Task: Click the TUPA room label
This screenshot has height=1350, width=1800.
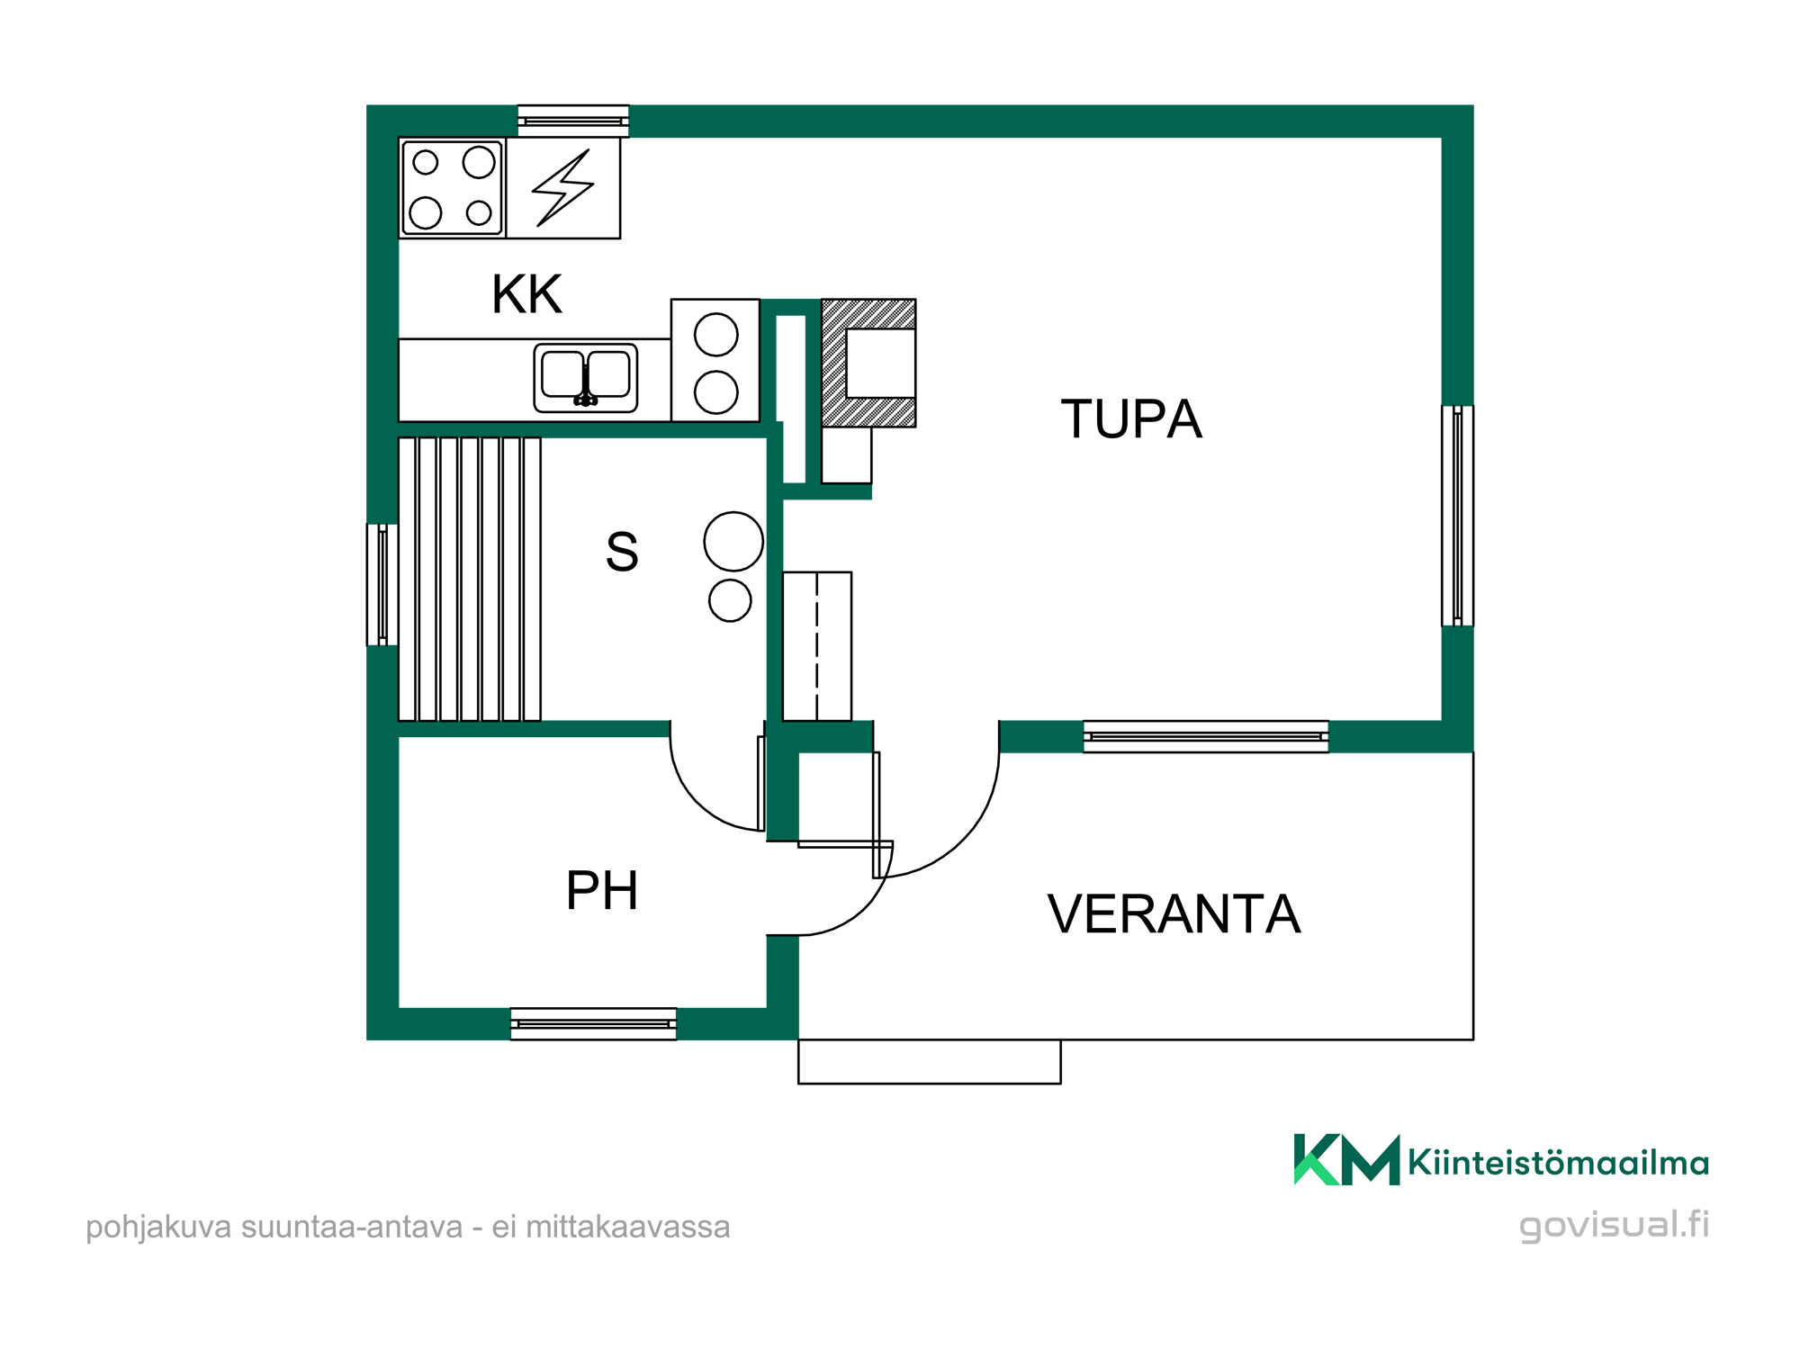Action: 1131,418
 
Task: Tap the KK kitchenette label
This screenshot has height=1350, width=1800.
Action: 526,294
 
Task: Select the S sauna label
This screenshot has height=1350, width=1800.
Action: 622,552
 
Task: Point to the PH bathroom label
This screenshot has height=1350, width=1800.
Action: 602,890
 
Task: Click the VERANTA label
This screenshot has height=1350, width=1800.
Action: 1174,913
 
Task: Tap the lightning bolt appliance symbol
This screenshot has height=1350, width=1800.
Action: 563,187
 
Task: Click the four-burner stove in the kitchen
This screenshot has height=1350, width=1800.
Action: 452,187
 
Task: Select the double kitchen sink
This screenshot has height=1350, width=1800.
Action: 586,378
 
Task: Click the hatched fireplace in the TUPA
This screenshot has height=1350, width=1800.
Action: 868,363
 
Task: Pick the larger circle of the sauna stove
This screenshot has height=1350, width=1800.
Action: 733,542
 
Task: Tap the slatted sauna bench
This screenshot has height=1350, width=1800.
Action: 470,579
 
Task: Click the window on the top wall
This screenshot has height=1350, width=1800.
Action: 573,121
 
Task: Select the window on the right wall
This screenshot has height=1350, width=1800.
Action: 1457,516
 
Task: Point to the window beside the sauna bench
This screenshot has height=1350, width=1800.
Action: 382,585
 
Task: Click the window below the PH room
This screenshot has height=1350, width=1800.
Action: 593,1024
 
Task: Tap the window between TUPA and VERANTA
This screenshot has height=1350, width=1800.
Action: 1206,736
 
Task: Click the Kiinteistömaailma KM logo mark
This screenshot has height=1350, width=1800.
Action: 1346,1159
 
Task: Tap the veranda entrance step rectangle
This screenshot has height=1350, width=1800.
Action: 930,1062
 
